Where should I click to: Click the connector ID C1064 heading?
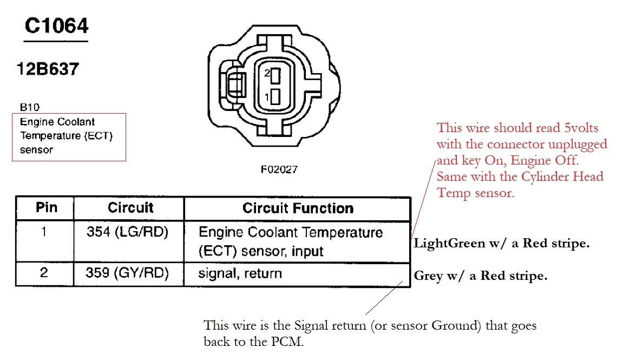point(56,26)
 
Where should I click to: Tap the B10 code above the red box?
point(29,107)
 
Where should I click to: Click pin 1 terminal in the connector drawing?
point(276,97)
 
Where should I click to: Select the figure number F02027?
point(279,169)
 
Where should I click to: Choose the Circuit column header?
point(130,208)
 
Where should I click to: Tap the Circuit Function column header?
point(298,208)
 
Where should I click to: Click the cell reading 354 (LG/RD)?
point(128,233)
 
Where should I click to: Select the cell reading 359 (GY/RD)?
point(127,273)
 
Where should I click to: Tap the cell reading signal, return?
point(240,273)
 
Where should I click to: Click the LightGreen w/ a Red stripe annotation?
point(501,244)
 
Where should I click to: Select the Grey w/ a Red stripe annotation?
point(481,276)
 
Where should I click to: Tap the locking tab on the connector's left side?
point(234,86)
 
